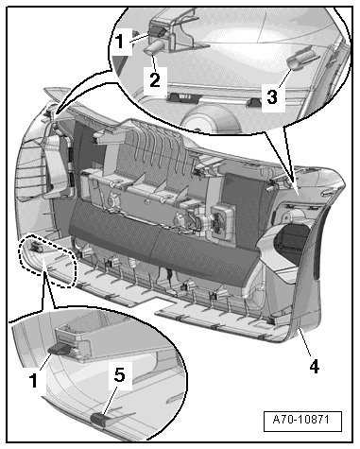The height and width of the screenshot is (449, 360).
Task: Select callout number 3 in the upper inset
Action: point(272,96)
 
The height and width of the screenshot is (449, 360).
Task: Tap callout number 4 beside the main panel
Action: point(314,367)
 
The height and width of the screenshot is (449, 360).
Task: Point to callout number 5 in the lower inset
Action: point(119,374)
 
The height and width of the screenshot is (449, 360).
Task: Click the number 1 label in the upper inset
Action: point(119,42)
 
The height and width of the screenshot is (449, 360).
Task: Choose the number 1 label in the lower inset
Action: point(33,379)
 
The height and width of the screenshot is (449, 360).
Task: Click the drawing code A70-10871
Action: point(301,420)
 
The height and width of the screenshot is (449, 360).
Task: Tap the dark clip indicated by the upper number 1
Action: point(156,31)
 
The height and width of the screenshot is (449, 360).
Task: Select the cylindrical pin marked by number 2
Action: point(154,48)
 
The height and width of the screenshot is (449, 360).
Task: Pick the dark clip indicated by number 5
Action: point(98,420)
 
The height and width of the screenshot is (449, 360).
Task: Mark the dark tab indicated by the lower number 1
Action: point(60,349)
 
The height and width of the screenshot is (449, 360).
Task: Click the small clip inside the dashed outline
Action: point(36,247)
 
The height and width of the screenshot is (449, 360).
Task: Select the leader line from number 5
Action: point(110,399)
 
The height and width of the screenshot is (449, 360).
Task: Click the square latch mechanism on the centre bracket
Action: point(223,221)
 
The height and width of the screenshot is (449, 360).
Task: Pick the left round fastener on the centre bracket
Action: point(112,200)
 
